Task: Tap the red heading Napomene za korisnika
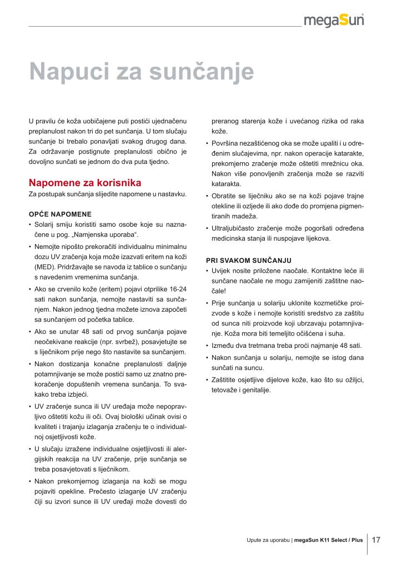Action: point(84,183)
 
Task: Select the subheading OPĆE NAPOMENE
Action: point(59,214)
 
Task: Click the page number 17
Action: point(376,540)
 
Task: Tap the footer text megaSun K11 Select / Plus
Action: point(328,540)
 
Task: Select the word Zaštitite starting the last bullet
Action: point(225,380)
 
